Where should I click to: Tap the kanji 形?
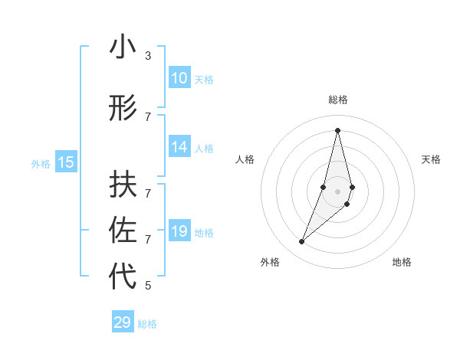click(123, 108)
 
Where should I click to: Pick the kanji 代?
click(123, 277)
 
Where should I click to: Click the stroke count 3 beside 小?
click(147, 56)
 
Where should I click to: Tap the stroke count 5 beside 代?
click(147, 286)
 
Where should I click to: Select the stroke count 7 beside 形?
click(147, 117)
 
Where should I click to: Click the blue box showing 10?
click(179, 77)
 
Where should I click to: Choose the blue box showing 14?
click(179, 147)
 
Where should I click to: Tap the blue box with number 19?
click(179, 231)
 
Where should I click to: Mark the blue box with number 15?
click(66, 162)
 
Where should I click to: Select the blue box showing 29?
click(123, 322)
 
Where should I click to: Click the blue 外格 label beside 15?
click(41, 163)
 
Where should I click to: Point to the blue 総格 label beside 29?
click(147, 324)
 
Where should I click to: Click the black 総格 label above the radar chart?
click(338, 100)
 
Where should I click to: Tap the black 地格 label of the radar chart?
click(402, 262)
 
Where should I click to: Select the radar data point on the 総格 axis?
click(337, 129)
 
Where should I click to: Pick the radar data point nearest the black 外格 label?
click(302, 242)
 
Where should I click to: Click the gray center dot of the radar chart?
click(337, 191)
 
